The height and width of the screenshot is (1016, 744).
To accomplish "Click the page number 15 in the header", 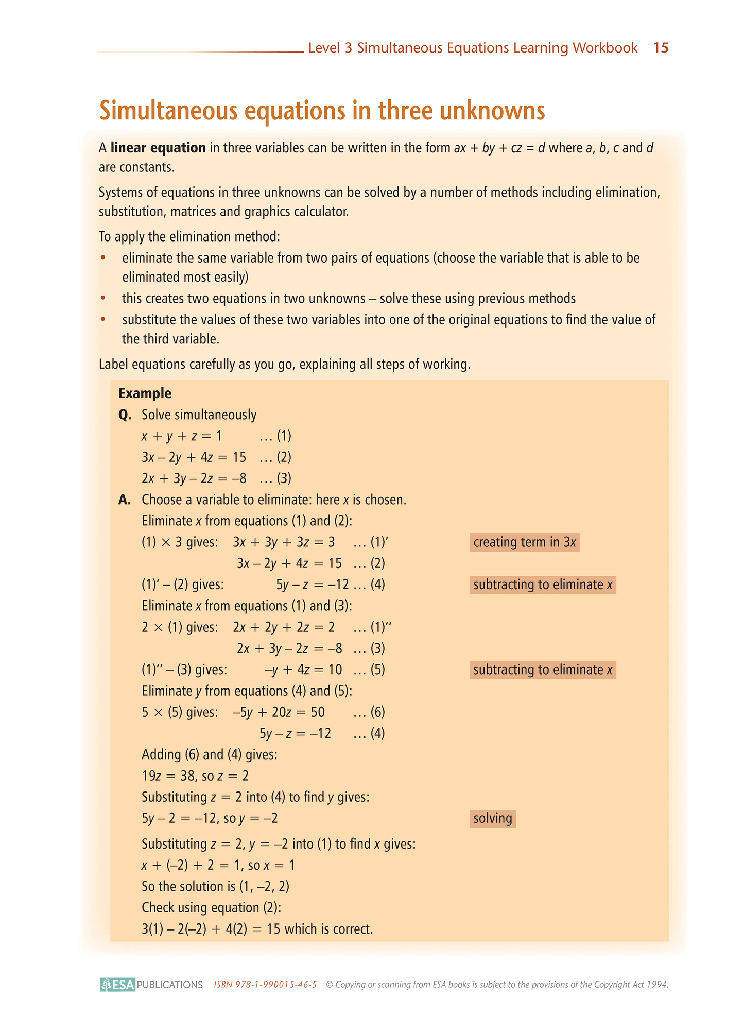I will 661,48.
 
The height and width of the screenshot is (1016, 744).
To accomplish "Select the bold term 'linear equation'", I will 158,148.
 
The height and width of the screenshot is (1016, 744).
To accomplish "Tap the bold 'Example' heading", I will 145,393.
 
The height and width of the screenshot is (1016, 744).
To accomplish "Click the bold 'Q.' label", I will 125,415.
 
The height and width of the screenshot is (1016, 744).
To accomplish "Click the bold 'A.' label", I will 125,500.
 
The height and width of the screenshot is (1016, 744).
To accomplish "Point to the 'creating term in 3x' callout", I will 524,542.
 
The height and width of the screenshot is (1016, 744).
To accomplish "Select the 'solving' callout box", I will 492,818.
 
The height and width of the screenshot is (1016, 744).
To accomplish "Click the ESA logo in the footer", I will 118,985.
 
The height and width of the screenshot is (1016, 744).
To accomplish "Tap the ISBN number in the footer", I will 265,985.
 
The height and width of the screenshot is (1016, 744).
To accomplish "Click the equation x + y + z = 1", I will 181,436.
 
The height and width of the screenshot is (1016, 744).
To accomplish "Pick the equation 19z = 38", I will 166,776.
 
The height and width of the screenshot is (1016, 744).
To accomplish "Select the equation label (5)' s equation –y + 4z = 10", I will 303,670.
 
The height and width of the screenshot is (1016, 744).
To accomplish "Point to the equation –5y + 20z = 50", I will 279,712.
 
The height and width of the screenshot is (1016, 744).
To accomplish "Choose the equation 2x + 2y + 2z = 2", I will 284,627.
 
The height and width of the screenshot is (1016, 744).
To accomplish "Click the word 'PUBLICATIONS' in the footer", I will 170,985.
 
